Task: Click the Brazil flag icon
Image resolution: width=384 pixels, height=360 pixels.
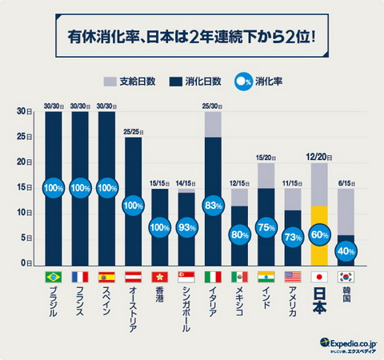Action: pos(54,277)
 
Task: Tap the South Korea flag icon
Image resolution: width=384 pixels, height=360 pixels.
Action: pos(346,277)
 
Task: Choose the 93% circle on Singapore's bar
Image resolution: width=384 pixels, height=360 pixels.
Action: pos(186,227)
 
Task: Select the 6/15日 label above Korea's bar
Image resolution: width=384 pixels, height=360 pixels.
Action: pos(346,182)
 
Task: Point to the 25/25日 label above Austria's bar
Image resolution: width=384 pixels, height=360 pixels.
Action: pos(134,131)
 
